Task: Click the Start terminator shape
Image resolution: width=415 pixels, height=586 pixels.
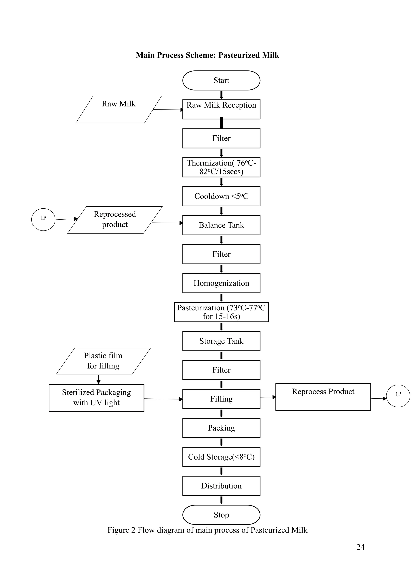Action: click(221, 80)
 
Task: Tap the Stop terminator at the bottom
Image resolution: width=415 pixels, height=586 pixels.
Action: click(221, 515)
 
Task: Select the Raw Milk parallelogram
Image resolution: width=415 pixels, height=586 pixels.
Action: click(119, 109)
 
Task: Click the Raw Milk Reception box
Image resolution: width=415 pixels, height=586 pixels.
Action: click(221, 109)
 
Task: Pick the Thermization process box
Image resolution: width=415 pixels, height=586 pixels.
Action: click(221, 167)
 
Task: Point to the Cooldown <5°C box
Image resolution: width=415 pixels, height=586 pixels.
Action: click(221, 196)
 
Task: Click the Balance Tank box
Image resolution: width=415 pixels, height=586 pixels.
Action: click(221, 225)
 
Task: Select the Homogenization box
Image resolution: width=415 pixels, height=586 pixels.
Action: click(221, 283)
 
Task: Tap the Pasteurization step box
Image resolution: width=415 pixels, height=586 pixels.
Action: click(221, 312)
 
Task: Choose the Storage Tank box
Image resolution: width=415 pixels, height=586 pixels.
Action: click(221, 341)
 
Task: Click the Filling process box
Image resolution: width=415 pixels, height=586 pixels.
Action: click(221, 399)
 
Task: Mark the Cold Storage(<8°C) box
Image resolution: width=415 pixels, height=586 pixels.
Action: click(221, 457)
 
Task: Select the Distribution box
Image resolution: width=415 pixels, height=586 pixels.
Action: click(221, 486)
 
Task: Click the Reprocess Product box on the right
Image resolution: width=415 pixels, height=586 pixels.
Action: click(323, 397)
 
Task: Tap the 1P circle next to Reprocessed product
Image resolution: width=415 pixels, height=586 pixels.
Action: click(43, 220)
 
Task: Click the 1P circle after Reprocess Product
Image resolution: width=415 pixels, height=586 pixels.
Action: click(398, 396)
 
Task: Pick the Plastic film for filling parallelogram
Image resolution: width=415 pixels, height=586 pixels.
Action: click(103, 361)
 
